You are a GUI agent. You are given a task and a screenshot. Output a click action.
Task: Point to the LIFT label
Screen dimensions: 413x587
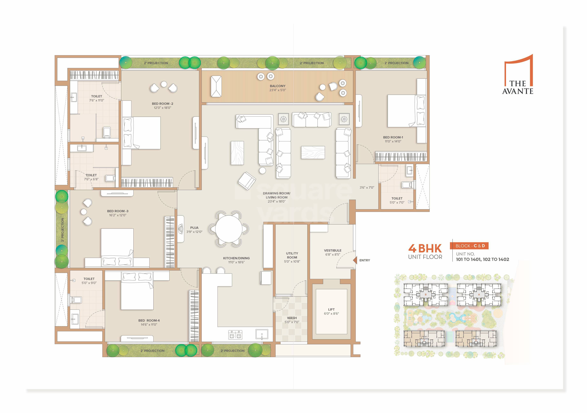point(331,309)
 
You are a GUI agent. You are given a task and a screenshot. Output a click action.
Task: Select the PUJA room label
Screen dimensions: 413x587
point(194,228)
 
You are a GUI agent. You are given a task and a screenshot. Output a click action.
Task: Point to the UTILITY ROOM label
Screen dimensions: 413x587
point(292,255)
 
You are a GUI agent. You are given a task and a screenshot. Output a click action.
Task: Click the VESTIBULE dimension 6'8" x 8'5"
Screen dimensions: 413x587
point(332,254)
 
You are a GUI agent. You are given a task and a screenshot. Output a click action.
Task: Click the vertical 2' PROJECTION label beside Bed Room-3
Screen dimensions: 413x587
point(63,230)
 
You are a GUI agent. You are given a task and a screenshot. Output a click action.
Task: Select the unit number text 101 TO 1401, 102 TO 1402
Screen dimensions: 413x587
point(482,259)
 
